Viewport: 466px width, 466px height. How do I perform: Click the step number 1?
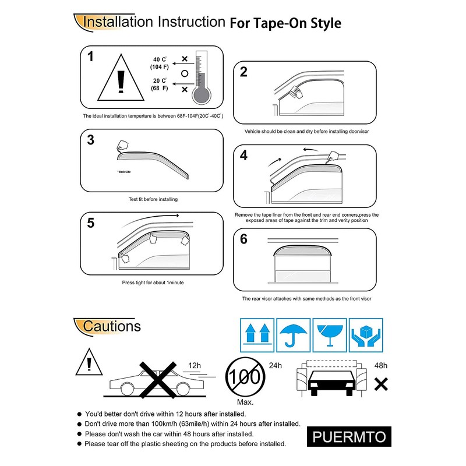tap(90, 57)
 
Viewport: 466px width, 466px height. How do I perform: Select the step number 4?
tap(243, 156)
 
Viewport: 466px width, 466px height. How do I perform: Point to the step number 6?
tap(243, 239)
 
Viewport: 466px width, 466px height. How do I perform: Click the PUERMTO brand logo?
tap(349, 437)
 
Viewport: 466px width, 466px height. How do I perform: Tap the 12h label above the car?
tap(195, 366)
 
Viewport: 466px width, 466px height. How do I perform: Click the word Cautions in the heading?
tap(112, 326)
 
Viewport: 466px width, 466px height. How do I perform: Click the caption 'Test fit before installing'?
tap(153, 199)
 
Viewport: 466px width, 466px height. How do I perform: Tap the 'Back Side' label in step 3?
tap(123, 172)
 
